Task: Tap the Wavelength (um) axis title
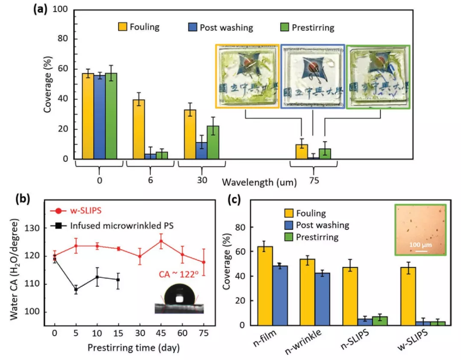[259, 182]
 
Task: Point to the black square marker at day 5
[76, 289]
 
